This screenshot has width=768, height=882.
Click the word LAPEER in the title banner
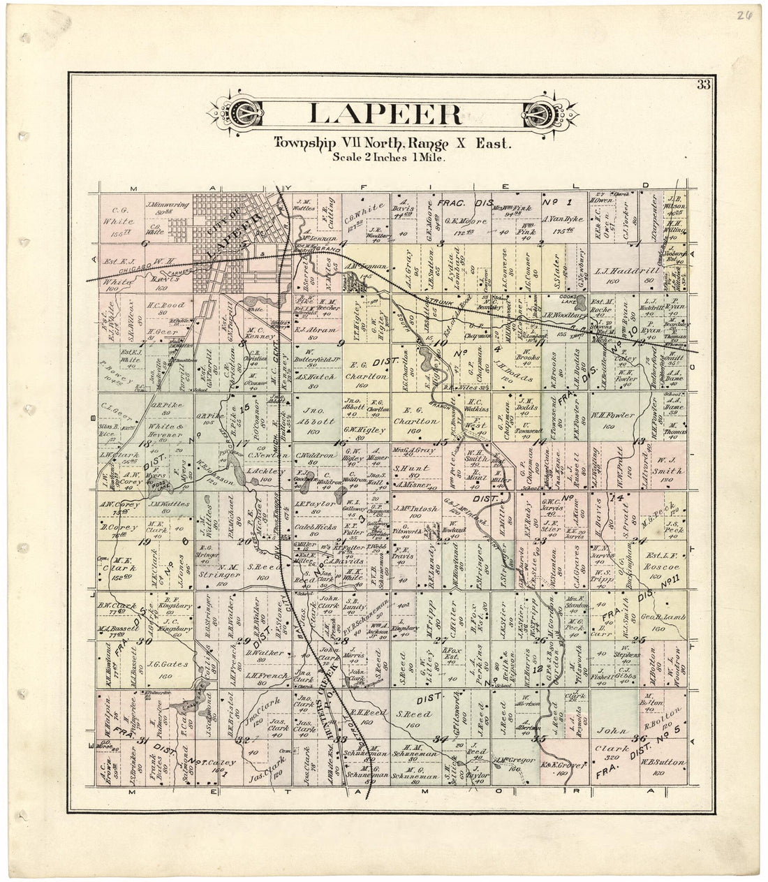385,114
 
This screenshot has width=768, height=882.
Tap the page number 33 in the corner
702,86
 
